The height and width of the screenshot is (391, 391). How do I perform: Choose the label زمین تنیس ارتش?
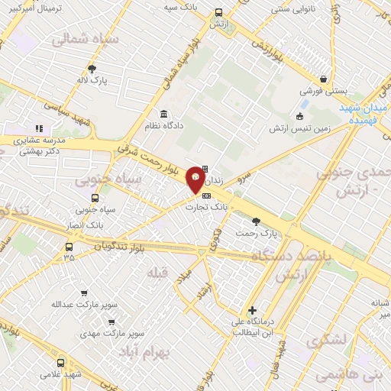point(299,129)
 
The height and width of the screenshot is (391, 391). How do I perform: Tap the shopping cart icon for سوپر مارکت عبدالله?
point(83,292)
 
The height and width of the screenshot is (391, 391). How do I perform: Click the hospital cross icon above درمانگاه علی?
point(252,310)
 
